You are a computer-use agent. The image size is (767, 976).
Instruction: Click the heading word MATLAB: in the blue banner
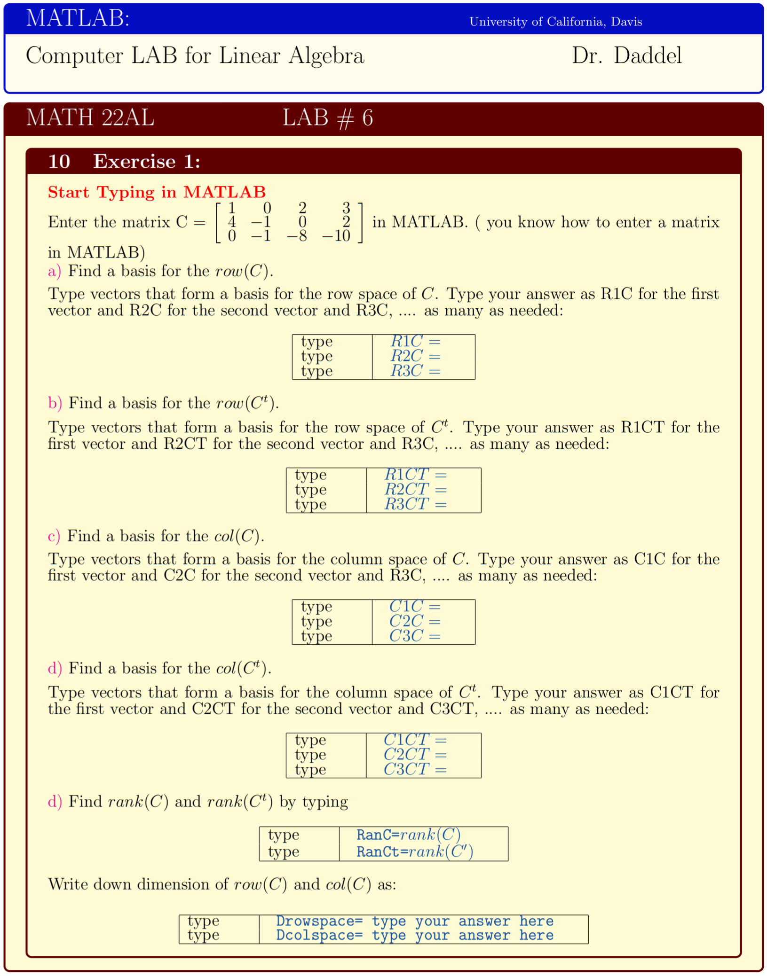(x=78, y=19)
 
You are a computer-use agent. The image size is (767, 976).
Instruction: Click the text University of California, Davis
(x=555, y=22)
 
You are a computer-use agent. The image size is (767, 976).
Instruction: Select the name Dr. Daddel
(x=626, y=56)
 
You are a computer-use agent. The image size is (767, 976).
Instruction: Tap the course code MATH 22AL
(x=90, y=117)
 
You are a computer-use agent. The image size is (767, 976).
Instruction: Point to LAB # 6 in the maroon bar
(x=327, y=117)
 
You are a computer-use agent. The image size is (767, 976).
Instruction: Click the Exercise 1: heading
(x=146, y=162)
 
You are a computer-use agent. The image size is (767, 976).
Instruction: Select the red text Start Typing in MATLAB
(x=157, y=192)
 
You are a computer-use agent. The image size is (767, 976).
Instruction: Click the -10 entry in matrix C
(x=336, y=236)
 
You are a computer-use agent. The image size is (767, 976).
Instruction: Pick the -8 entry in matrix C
(x=297, y=236)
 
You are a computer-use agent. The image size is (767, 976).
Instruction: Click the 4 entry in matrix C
(x=231, y=222)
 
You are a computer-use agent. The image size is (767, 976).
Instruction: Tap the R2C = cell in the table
(x=415, y=356)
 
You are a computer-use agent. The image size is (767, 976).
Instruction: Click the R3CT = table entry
(x=415, y=504)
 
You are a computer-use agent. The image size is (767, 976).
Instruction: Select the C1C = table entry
(x=414, y=607)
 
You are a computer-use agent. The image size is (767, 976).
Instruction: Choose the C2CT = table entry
(x=414, y=755)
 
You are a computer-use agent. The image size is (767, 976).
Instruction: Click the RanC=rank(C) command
(x=408, y=835)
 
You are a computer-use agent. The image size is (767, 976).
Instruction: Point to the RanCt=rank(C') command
(x=414, y=852)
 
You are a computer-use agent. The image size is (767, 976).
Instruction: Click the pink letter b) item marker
(x=55, y=403)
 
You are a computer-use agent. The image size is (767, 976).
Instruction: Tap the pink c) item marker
(x=54, y=536)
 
